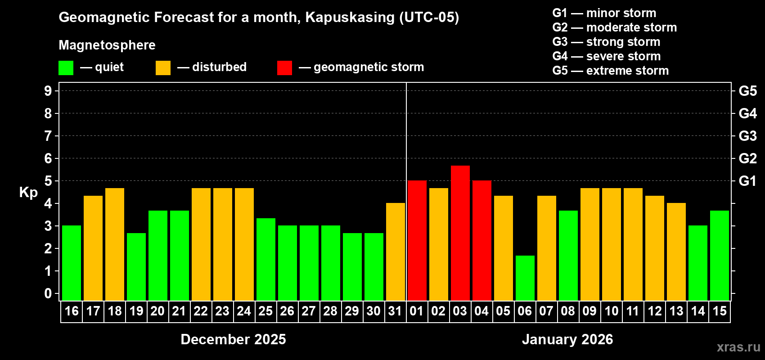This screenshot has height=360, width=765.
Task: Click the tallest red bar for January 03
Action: [460, 233]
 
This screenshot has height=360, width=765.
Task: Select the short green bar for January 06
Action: [525, 278]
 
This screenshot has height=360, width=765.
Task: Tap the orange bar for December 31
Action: [395, 252]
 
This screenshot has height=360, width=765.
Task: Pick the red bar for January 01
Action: [417, 240]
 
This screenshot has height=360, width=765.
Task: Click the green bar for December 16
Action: [72, 263]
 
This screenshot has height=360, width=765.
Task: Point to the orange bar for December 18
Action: [115, 244]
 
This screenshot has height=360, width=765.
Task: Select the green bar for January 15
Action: [719, 256]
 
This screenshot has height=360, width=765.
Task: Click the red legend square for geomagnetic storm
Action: [284, 68]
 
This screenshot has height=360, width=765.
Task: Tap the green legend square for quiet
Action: [66, 68]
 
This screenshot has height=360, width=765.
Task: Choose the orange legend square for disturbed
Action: [163, 68]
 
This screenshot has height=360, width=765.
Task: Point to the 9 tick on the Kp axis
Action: [48, 91]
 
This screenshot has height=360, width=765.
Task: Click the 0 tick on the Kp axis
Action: [48, 294]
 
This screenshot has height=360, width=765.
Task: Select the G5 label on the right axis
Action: [747, 91]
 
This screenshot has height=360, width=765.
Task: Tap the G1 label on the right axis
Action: [747, 181]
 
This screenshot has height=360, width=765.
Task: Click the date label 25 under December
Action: [265, 311]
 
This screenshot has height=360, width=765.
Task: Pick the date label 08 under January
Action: [568, 311]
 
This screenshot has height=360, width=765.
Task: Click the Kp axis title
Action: [28, 192]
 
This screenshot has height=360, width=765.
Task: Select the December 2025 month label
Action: [233, 339]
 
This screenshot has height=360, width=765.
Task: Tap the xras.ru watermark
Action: [738, 347]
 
